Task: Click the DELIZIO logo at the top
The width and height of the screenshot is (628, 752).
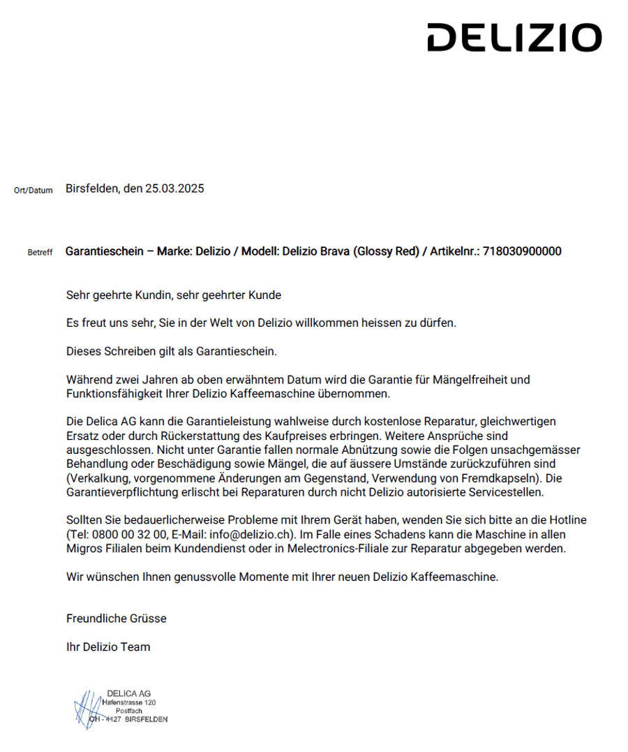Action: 514,38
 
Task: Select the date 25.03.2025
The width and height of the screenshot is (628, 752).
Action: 174,189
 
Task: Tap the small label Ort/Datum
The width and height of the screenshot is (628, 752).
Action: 33,191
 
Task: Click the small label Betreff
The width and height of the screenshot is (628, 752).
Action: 40,253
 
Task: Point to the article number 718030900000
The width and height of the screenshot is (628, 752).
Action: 522,251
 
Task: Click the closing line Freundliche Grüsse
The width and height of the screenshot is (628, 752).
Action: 117,619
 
